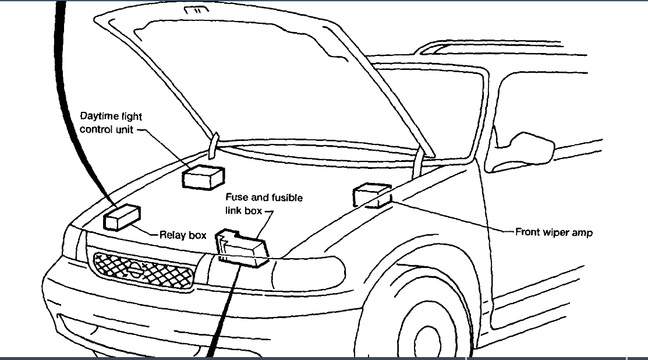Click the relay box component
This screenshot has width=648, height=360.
(122, 218)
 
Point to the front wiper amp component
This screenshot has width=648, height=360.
(371, 195)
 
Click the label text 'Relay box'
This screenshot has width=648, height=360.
(183, 235)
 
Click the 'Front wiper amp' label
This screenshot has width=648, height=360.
(554, 232)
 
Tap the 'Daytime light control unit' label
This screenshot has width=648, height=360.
(111, 123)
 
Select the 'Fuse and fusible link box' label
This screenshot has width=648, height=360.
(264, 204)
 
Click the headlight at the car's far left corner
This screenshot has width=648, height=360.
(73, 243)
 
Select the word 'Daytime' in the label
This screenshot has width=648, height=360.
(98, 117)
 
